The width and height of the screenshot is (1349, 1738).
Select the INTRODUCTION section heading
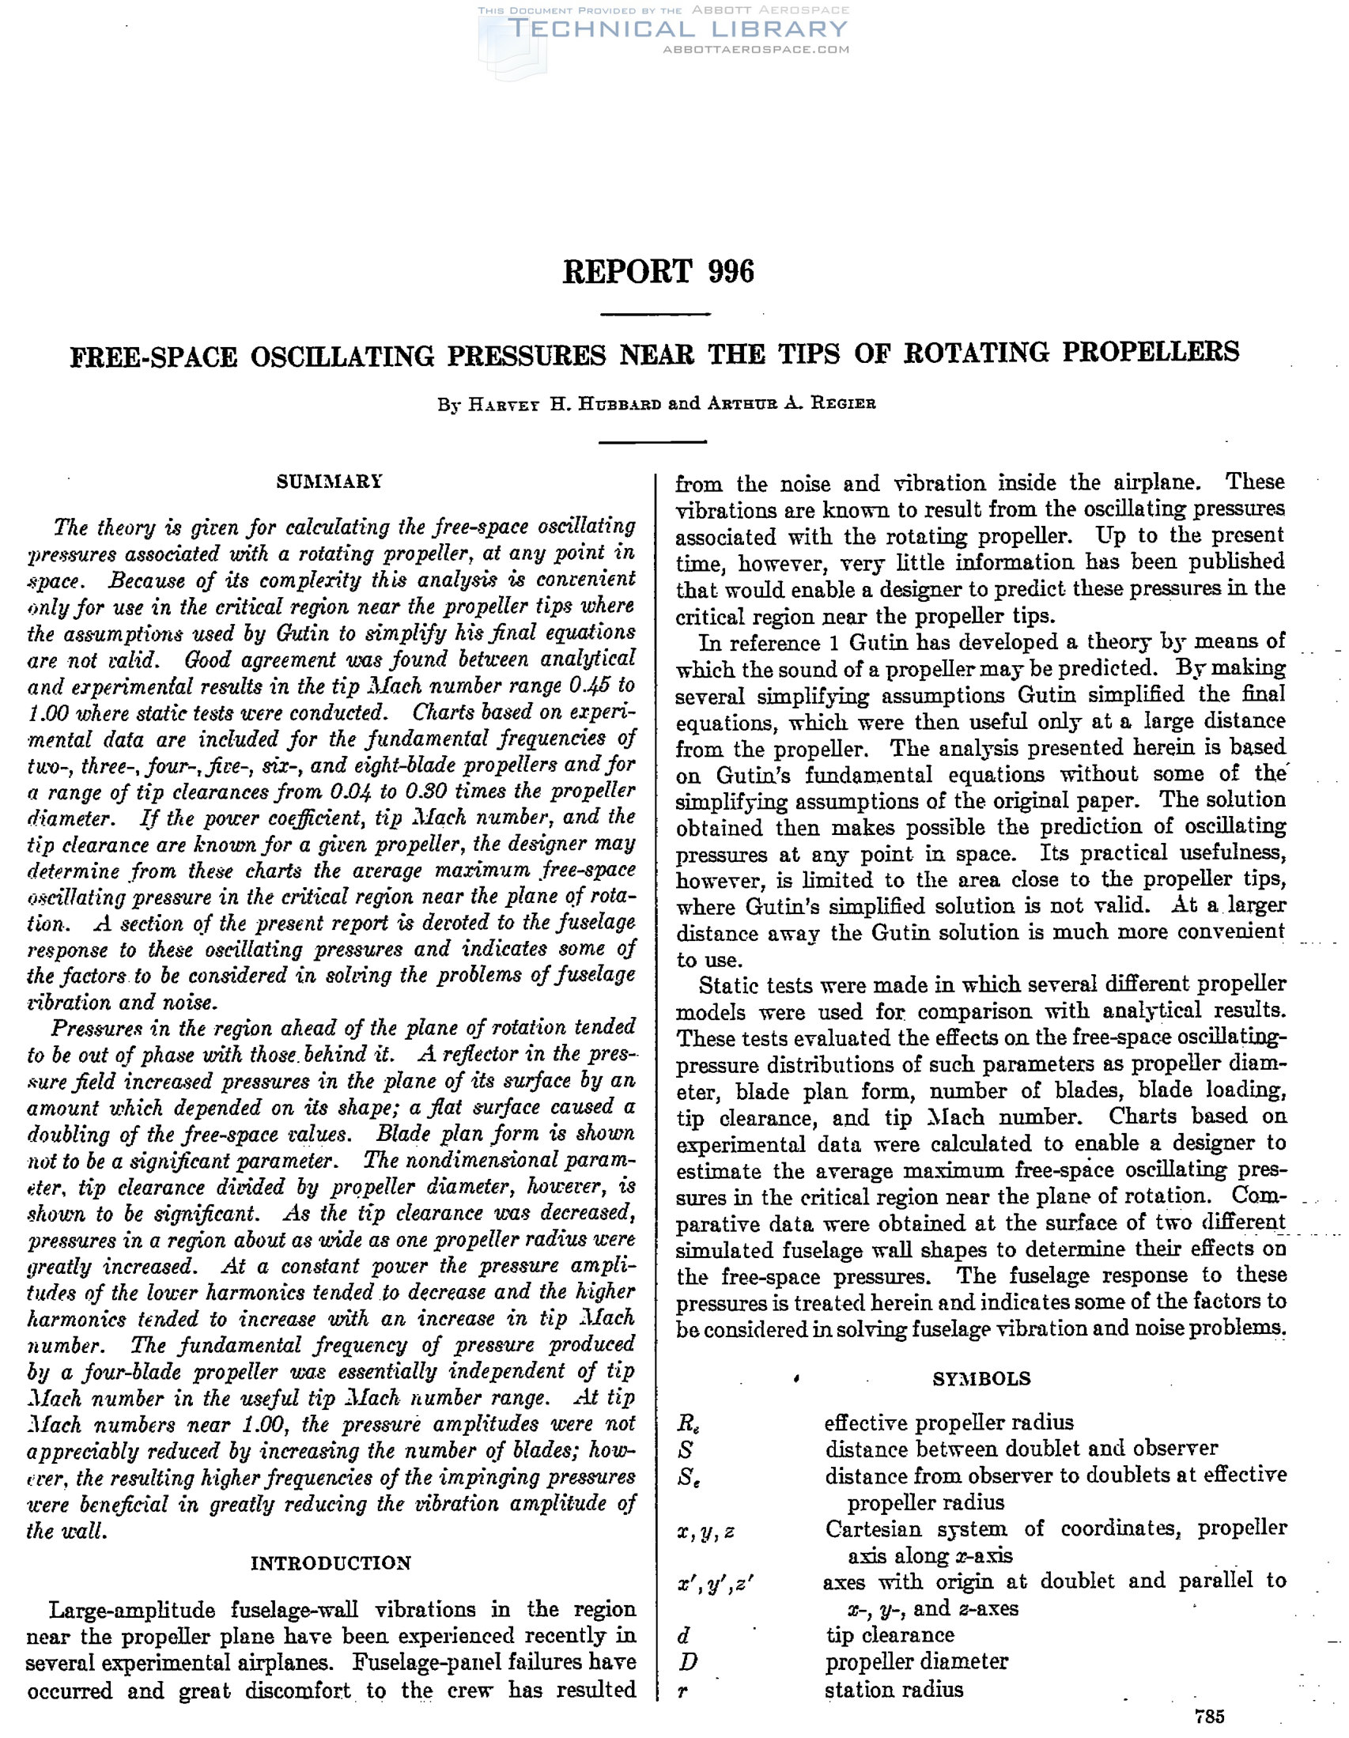pyautogui.click(x=331, y=1563)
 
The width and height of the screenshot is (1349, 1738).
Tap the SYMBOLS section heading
pyautogui.click(x=981, y=1378)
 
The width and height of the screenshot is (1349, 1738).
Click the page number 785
pyautogui.click(x=1209, y=1717)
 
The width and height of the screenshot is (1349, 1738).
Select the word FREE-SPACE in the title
pyautogui.click(x=153, y=355)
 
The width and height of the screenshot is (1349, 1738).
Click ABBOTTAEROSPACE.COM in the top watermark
pyautogui.click(x=755, y=49)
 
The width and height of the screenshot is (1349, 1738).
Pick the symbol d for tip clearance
pyautogui.click(x=684, y=1635)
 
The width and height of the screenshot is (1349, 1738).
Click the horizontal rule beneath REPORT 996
pyautogui.click(x=654, y=315)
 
